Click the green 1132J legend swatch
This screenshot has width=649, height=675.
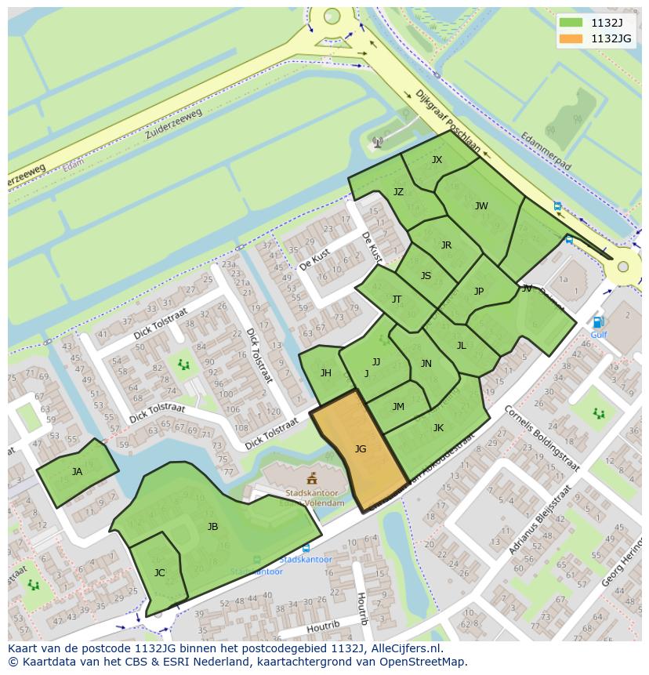tap(572, 23)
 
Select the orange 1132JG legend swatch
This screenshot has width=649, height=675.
tap(572, 38)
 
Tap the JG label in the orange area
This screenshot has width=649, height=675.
tap(361, 449)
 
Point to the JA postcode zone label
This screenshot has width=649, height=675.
tap(77, 472)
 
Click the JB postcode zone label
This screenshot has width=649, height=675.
tap(212, 527)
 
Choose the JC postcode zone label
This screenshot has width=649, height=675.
tap(160, 573)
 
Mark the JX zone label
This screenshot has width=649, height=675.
tap(437, 160)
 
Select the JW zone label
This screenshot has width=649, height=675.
tap(481, 206)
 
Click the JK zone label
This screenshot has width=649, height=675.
tap(438, 428)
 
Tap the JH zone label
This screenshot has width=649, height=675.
tap(325, 373)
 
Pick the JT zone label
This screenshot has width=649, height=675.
tap(397, 299)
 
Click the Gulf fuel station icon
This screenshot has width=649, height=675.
tap(598, 322)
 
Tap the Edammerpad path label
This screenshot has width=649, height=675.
tap(546, 151)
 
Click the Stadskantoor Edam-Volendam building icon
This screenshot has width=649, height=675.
tap(312, 478)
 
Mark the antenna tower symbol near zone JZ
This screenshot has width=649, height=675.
tap(377, 143)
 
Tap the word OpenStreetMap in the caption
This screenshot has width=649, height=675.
tap(424, 662)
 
